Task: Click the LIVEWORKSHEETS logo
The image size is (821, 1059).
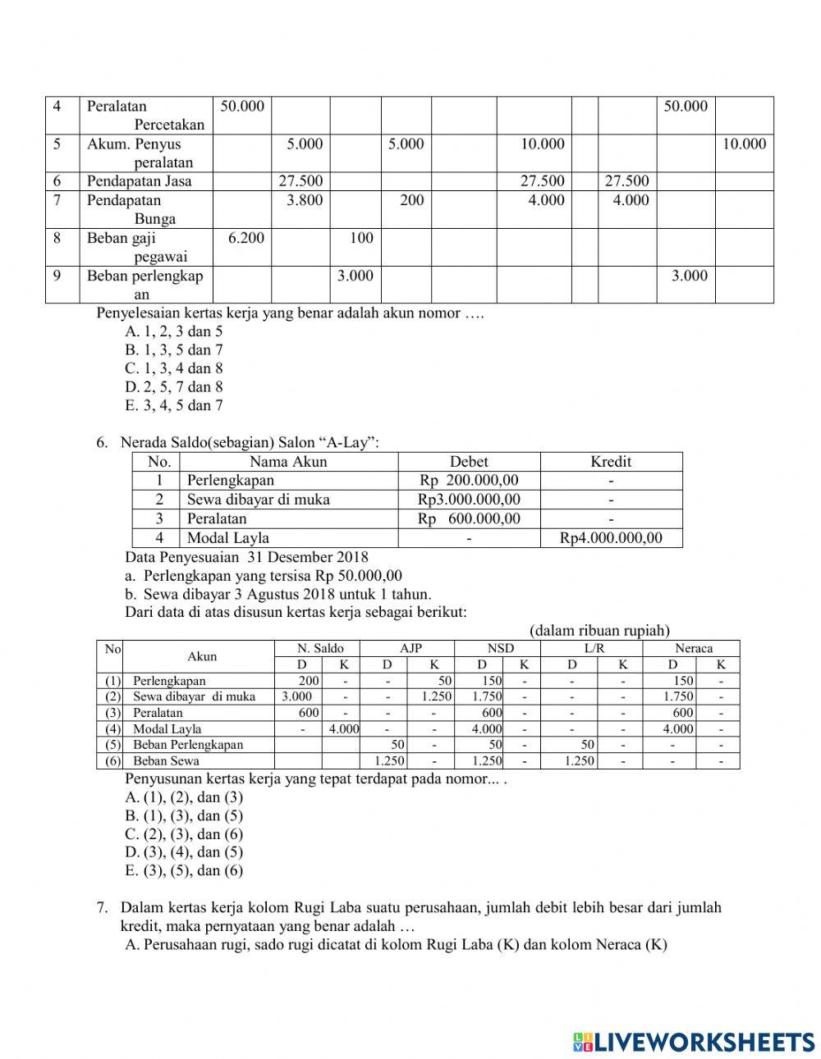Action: [694, 1041]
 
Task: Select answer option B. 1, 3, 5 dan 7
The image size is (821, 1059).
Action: [174, 350]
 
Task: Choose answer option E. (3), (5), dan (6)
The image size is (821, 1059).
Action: [184, 871]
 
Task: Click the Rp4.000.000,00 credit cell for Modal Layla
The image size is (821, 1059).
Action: [611, 538]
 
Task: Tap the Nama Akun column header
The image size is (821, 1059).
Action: [288, 462]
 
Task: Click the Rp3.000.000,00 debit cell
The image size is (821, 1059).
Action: [469, 500]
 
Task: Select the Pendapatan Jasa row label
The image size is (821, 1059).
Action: [138, 181]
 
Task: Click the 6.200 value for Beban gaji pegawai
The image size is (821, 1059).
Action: [242, 239]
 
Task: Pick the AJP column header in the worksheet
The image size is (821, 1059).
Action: [410, 648]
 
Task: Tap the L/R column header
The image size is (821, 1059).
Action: [597, 648]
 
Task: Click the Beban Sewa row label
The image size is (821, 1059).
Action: [166, 761]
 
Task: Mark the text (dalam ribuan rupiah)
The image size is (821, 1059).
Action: [599, 631]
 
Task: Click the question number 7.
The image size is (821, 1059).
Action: [103, 908]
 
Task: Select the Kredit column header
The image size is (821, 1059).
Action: [611, 462]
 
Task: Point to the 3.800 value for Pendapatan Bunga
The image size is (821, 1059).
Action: [305, 201]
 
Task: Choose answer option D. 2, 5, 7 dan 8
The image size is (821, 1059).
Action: [174, 387]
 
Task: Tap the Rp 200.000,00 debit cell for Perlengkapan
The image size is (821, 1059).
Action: [469, 481]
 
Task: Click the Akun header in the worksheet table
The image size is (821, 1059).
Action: [202, 656]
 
